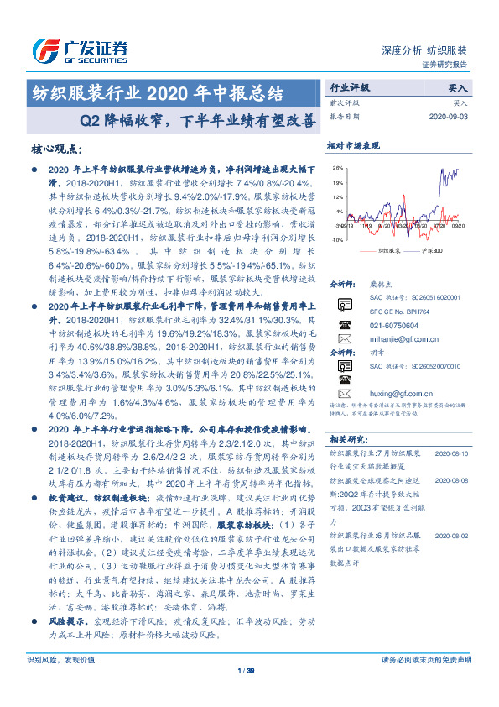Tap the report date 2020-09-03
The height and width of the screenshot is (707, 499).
click(x=450, y=117)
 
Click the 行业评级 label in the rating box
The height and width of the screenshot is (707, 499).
click(x=346, y=86)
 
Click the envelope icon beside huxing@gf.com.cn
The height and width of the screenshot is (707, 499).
click(x=344, y=392)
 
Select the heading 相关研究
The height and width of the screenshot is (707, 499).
click(x=347, y=438)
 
